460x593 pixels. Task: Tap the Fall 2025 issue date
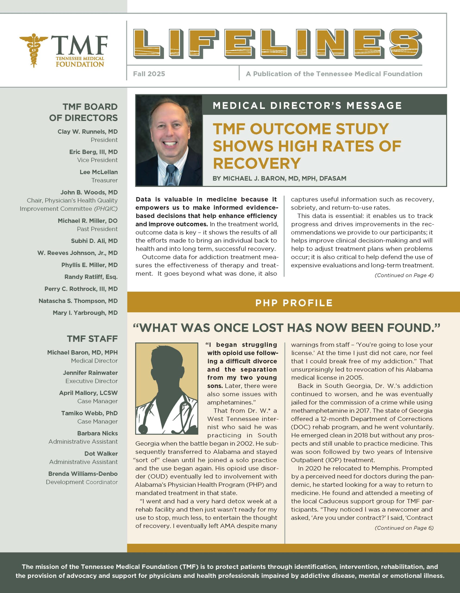click(x=149, y=74)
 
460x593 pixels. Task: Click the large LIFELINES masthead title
click(x=277, y=44)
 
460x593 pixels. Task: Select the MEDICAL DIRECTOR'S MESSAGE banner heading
click(x=307, y=105)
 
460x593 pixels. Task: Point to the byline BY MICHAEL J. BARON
click(x=279, y=178)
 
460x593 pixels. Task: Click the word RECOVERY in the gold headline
click(x=257, y=163)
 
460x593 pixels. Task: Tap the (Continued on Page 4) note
click(x=404, y=275)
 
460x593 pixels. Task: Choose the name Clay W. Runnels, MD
click(x=88, y=132)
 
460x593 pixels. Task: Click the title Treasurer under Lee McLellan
click(x=104, y=180)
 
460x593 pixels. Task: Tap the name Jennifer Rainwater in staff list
click(x=90, y=373)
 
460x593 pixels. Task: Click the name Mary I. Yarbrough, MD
click(x=85, y=313)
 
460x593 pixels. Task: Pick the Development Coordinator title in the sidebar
click(x=82, y=482)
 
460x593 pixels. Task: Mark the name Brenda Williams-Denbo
click(x=83, y=474)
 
